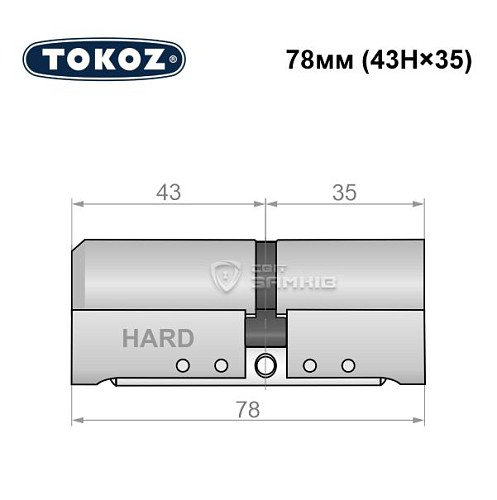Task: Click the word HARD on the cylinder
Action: point(158,338)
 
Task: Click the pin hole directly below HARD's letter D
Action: point(182,365)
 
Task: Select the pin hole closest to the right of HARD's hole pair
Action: point(221,365)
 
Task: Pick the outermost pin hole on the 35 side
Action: point(348,365)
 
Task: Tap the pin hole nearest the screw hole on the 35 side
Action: point(310,365)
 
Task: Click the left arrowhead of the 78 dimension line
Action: point(77,417)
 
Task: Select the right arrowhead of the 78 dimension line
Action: point(421,417)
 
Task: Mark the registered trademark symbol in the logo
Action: point(178,61)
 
